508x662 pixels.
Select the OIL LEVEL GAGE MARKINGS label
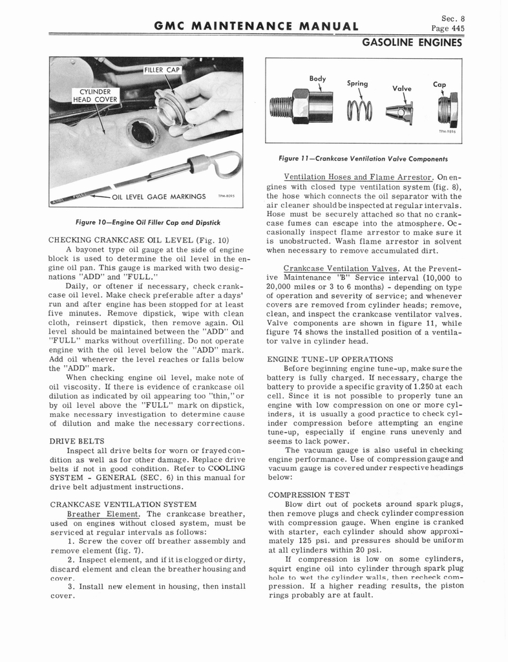pyautogui.click(x=159, y=197)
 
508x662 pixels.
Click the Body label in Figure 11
pyautogui.click(x=317, y=78)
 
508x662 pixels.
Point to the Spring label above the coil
pyautogui.click(x=357, y=83)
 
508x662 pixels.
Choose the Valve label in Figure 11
pyautogui.click(x=402, y=89)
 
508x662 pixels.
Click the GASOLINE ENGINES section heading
pyautogui.click(x=412, y=43)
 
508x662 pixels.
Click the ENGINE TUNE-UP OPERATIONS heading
pyautogui.click(x=329, y=359)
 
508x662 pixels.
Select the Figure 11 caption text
pyautogui.click(x=363, y=158)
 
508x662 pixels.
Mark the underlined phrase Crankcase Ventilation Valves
pyautogui.click(x=334, y=268)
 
